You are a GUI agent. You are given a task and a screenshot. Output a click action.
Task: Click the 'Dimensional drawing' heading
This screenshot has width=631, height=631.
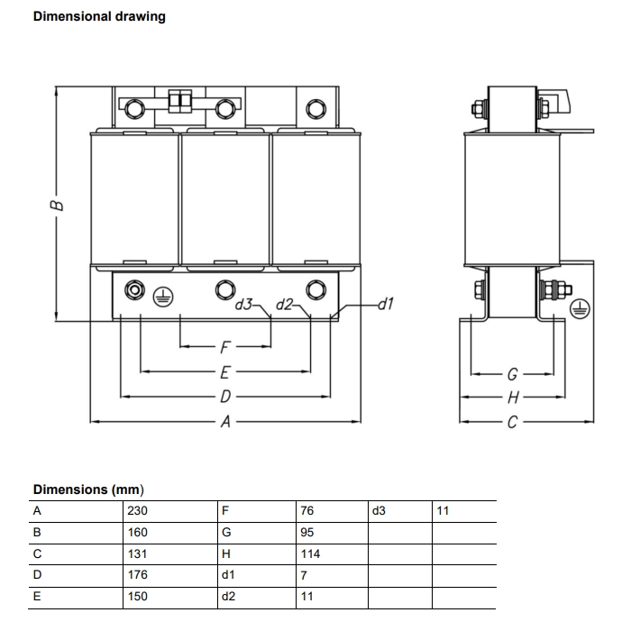tap(99, 16)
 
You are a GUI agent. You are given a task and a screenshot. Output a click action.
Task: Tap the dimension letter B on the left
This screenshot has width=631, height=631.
tap(57, 205)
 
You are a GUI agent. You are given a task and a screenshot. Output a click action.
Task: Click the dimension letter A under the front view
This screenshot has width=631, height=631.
tap(225, 421)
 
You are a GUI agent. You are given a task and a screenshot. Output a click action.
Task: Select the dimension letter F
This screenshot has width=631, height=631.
tap(225, 345)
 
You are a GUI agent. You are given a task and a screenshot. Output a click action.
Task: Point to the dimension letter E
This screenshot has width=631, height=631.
tap(225, 370)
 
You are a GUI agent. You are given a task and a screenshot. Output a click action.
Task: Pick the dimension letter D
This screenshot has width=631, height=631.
tap(225, 396)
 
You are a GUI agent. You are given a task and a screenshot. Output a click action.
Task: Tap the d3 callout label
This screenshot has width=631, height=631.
tap(243, 304)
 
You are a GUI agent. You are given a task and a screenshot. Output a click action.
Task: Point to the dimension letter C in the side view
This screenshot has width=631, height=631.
tap(512, 421)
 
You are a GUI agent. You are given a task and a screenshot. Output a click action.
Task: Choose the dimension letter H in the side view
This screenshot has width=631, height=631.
tap(512, 397)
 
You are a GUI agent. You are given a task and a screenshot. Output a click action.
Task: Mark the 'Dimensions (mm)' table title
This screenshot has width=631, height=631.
tap(88, 489)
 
